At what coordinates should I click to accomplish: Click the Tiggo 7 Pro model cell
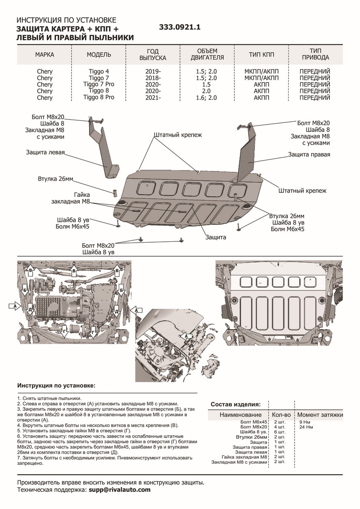(x=99, y=84)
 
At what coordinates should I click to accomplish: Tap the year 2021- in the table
(x=152, y=98)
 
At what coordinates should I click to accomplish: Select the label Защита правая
(x=309, y=155)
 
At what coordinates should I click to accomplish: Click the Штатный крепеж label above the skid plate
(x=177, y=134)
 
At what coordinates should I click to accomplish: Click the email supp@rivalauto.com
(x=120, y=489)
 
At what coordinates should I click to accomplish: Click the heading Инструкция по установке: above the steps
(x=56, y=386)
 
